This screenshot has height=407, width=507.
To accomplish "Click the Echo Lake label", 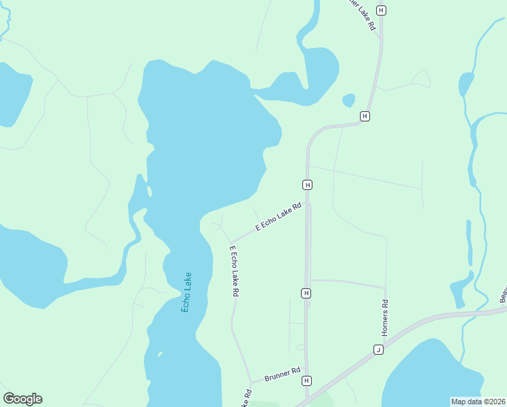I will pos(186,292).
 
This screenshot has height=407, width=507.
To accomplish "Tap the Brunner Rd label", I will pos(283,374).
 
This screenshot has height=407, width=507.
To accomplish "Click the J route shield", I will pos(378,349).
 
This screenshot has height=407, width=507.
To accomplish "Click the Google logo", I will pos(22,399).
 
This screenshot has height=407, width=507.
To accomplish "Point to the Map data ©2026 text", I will pos(478,402).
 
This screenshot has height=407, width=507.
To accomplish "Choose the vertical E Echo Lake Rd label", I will pos(235,271).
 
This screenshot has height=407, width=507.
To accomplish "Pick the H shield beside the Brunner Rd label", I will pos(306,381).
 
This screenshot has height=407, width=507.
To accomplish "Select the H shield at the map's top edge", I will pos(381,10).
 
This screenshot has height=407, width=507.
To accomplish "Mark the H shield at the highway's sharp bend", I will pos(365,116).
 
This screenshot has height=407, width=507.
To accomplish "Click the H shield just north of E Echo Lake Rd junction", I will pos(307,185).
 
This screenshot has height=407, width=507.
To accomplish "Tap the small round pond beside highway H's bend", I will pos(348,100).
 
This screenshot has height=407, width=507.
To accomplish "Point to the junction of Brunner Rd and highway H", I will pos(306,370).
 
